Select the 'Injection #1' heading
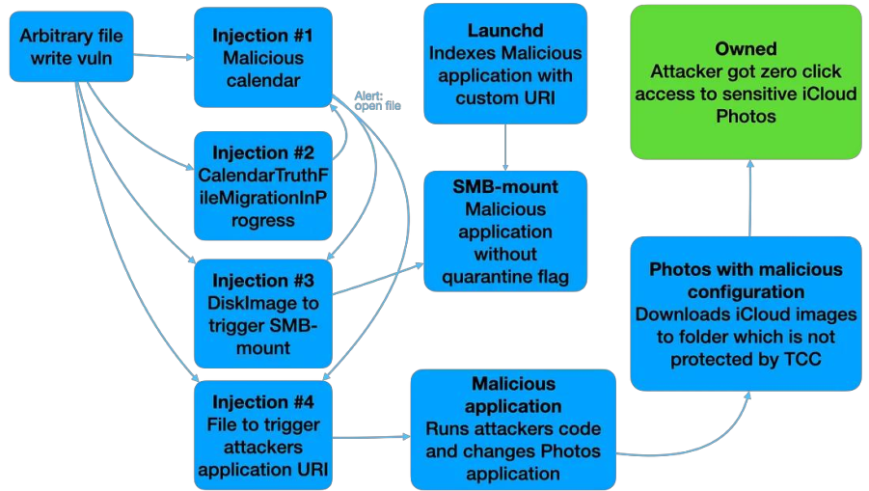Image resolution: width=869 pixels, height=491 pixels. (263, 36)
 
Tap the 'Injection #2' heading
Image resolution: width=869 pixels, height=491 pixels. (263, 153)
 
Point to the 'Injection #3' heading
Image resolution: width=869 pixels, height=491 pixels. (263, 281)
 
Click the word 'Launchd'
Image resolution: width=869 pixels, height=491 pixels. (506, 30)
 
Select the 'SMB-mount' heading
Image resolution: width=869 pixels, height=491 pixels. (506, 185)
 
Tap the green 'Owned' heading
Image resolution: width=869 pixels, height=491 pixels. (747, 48)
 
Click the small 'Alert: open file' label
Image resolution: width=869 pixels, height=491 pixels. (378, 100)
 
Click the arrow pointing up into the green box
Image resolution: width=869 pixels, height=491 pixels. (749, 198)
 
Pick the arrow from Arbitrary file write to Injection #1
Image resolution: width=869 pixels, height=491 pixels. (164, 56)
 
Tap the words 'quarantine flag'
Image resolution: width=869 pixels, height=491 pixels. (506, 277)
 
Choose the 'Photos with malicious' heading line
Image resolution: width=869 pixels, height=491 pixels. (747, 269)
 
